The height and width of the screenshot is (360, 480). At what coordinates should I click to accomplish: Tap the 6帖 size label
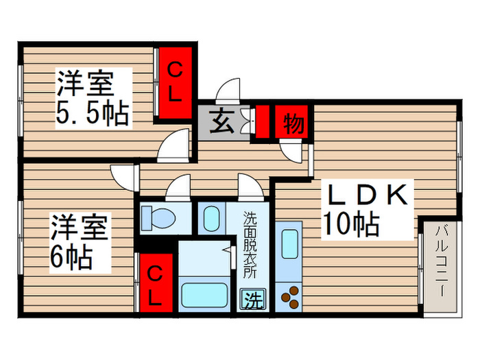pos(71,257)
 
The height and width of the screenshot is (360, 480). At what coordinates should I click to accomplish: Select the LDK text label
pos(368,195)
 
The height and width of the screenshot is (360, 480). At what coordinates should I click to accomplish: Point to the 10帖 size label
pos(352,224)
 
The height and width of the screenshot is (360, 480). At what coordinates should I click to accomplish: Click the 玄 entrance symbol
pos(221,121)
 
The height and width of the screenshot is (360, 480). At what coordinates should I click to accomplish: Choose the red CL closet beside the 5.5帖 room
pos(174,83)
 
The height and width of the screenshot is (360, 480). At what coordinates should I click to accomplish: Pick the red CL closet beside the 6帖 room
pos(156,283)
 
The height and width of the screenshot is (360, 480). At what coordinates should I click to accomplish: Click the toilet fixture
pos(157,218)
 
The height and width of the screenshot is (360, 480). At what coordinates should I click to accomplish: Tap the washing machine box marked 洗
pos(253,300)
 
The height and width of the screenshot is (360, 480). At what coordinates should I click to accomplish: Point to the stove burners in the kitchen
pos(289,297)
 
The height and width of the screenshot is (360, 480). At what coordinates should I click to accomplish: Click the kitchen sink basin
pos(289,244)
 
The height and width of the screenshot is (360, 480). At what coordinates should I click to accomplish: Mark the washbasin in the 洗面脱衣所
pos(211,218)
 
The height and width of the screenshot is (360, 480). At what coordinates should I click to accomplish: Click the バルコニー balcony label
pos(441,261)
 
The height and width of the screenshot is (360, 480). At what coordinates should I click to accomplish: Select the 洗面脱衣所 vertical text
pos(250,245)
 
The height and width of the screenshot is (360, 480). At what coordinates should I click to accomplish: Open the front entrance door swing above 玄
pos(228,91)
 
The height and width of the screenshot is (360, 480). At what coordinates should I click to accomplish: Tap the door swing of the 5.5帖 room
pos(173,145)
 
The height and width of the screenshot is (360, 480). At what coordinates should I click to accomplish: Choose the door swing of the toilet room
pos(178,187)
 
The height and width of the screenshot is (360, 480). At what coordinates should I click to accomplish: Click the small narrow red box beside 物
pos(263,122)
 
